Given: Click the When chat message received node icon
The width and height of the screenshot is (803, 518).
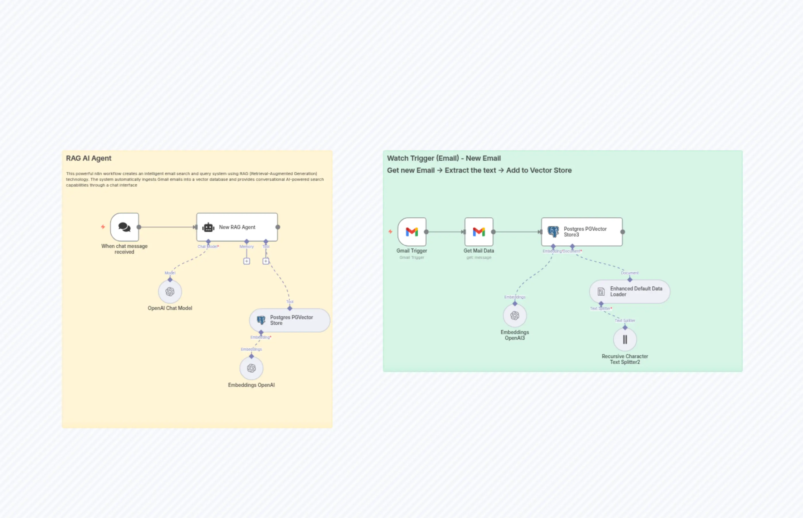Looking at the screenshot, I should (124, 227).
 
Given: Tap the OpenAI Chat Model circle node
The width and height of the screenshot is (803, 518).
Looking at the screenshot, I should (170, 292).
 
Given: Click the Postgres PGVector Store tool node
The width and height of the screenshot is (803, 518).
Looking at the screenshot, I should (290, 320).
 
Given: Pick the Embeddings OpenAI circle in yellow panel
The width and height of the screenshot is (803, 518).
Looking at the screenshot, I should (251, 368).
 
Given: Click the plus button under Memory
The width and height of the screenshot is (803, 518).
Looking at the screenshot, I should (247, 261).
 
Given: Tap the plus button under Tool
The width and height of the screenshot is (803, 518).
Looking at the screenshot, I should (266, 261).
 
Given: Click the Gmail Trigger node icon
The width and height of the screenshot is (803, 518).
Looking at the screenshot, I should (412, 232).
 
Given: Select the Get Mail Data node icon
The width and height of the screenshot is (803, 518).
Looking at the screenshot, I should (479, 232).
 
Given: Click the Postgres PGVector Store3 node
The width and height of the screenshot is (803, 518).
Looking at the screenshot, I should (582, 232).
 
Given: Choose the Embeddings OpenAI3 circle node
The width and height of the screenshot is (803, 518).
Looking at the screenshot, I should (515, 315).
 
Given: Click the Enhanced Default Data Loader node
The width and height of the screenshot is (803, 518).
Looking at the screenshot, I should (629, 292).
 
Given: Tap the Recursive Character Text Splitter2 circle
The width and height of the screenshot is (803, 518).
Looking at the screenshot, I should (625, 340).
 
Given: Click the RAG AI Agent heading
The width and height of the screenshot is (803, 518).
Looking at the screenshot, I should (89, 158).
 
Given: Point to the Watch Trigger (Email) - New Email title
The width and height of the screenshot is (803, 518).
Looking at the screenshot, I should (443, 158).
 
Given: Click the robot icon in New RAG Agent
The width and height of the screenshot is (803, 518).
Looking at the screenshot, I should (208, 227).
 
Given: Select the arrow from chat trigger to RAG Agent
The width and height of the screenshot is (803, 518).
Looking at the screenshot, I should (167, 227).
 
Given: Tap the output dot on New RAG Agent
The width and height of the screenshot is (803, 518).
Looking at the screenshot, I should (278, 227).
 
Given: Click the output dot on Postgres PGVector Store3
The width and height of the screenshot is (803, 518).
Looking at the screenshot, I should (623, 232).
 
